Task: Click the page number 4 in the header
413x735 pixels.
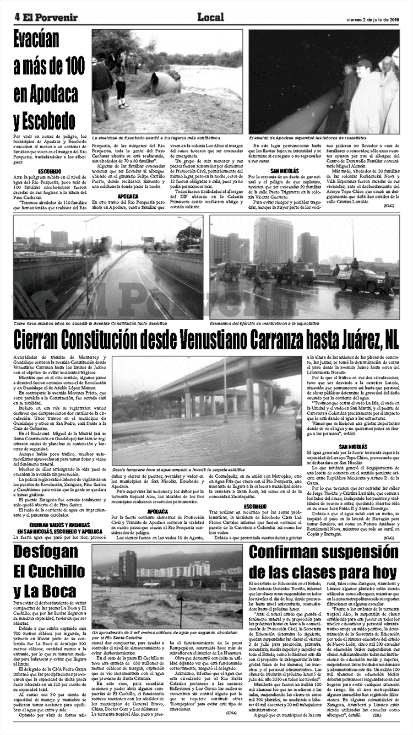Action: click(x=18, y=17)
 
